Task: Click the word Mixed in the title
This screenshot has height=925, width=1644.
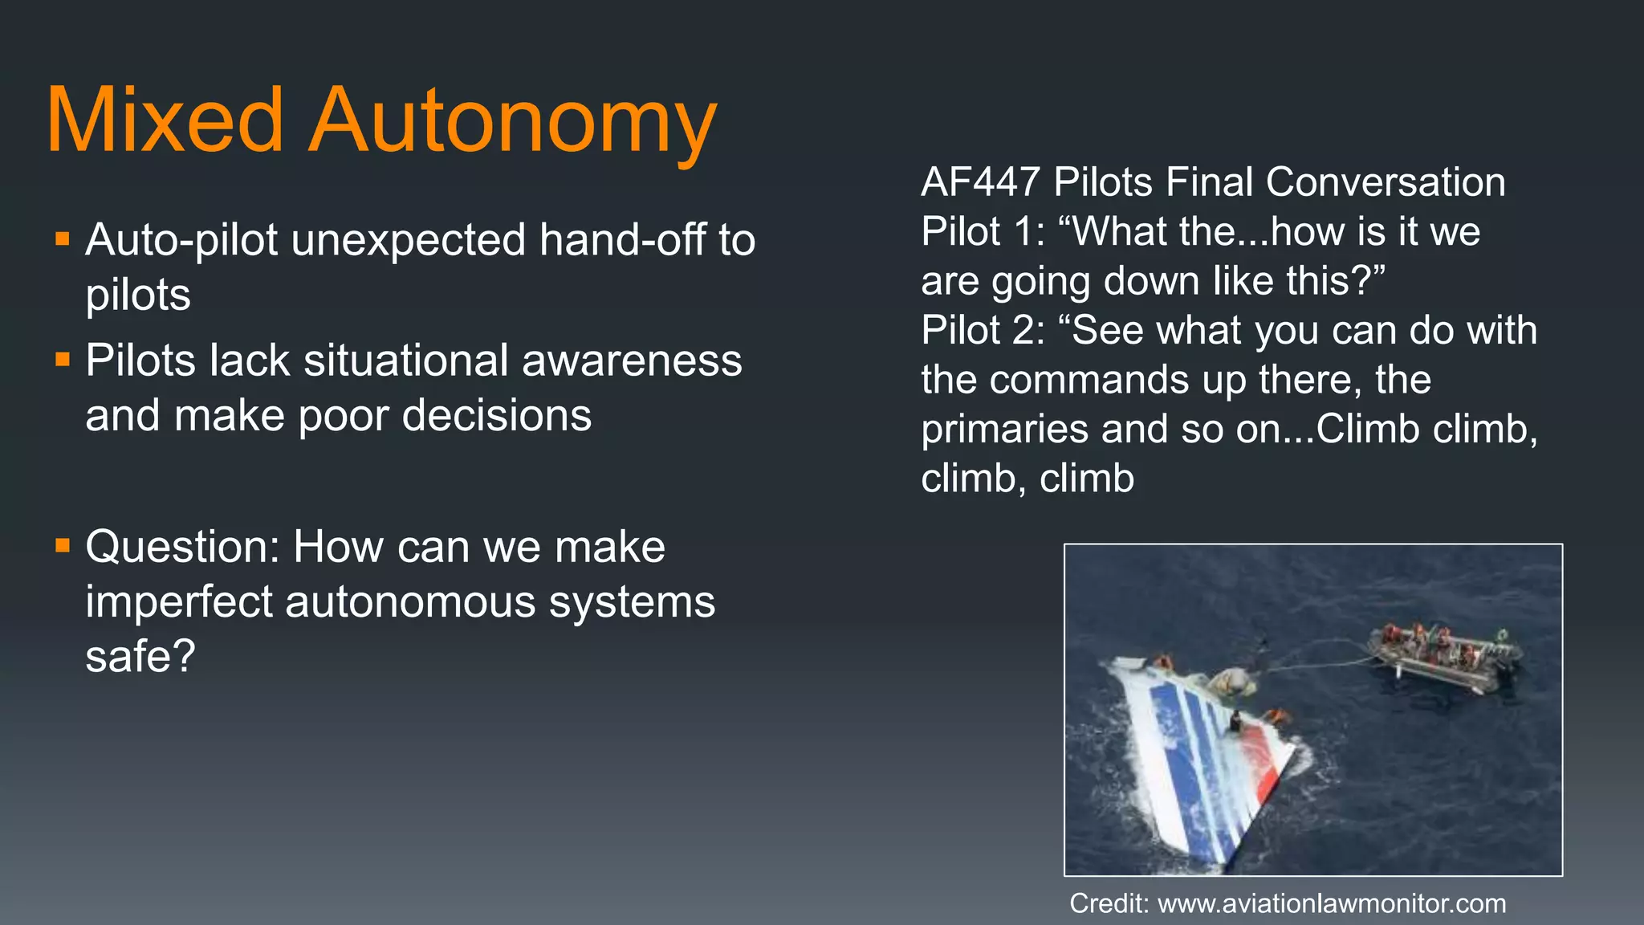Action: pos(165,120)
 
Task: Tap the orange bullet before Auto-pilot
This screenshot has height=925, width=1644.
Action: pos(63,238)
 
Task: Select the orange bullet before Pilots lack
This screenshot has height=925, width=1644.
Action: pos(63,359)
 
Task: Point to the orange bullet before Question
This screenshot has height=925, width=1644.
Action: pos(63,546)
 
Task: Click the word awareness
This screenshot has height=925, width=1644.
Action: pos(632,360)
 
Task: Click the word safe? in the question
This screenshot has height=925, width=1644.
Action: pos(140,656)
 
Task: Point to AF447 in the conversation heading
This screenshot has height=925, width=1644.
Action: pos(980,182)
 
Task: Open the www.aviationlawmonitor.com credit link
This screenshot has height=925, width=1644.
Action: pos(1332,903)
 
